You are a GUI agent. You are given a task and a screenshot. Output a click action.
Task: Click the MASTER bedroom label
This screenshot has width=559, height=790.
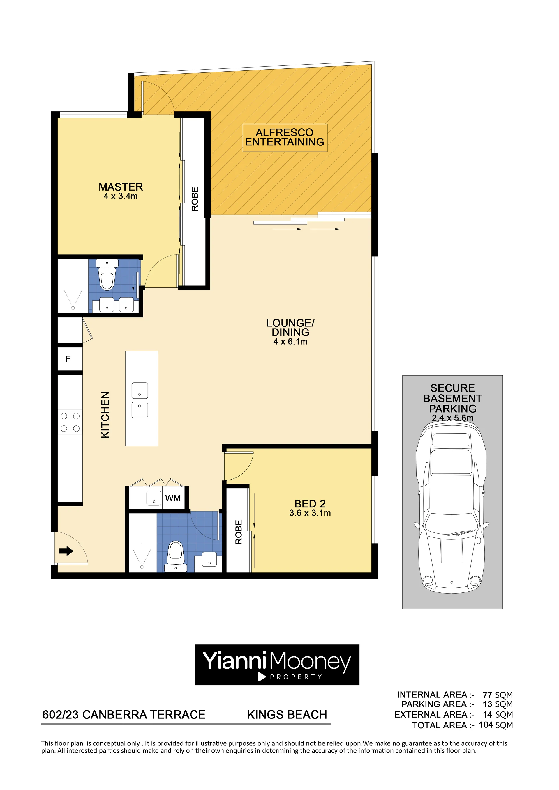click(x=121, y=187)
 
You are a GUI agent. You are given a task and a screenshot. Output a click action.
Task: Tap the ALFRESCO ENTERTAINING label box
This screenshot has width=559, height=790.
click(x=285, y=138)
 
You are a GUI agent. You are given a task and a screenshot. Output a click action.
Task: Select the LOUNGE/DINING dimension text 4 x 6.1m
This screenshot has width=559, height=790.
click(x=290, y=342)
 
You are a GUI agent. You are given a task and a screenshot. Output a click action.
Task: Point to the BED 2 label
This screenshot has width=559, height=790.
click(x=310, y=504)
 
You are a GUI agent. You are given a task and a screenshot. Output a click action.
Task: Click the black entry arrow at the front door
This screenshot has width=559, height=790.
click(x=66, y=551)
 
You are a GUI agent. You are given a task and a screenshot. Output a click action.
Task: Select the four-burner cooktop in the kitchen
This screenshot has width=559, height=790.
click(x=70, y=422)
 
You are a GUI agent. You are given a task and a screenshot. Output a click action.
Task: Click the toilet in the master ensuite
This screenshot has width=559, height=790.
click(x=107, y=275)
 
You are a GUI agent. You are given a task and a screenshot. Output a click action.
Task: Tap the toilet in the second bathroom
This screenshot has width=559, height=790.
click(x=176, y=557)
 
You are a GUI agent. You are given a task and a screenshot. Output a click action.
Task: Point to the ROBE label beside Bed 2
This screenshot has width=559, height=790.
click(x=239, y=532)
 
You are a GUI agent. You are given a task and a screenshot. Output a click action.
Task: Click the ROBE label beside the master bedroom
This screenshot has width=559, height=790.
click(x=195, y=199)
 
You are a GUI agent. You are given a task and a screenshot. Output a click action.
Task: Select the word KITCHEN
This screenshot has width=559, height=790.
click(x=105, y=415)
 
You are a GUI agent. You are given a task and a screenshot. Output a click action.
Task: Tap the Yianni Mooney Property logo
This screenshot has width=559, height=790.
click(x=277, y=665)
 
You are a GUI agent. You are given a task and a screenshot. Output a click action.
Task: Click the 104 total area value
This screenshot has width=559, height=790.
click(x=486, y=725)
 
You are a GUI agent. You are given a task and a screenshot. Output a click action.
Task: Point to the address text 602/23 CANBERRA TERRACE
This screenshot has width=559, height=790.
click(x=124, y=714)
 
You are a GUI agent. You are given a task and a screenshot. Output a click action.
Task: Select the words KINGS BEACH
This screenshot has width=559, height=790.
click(x=287, y=714)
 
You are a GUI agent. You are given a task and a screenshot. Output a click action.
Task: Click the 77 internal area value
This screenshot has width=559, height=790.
click(x=488, y=695)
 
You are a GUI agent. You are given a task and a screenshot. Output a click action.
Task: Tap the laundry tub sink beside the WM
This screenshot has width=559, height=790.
click(x=154, y=498)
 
